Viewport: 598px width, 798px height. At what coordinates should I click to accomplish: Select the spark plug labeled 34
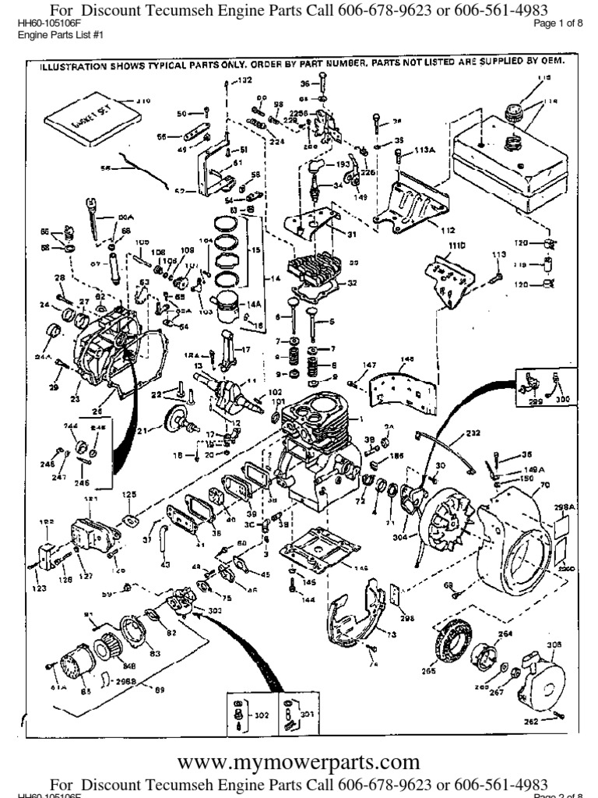click(318, 188)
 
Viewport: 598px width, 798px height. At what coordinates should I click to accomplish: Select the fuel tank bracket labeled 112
click(412, 203)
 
